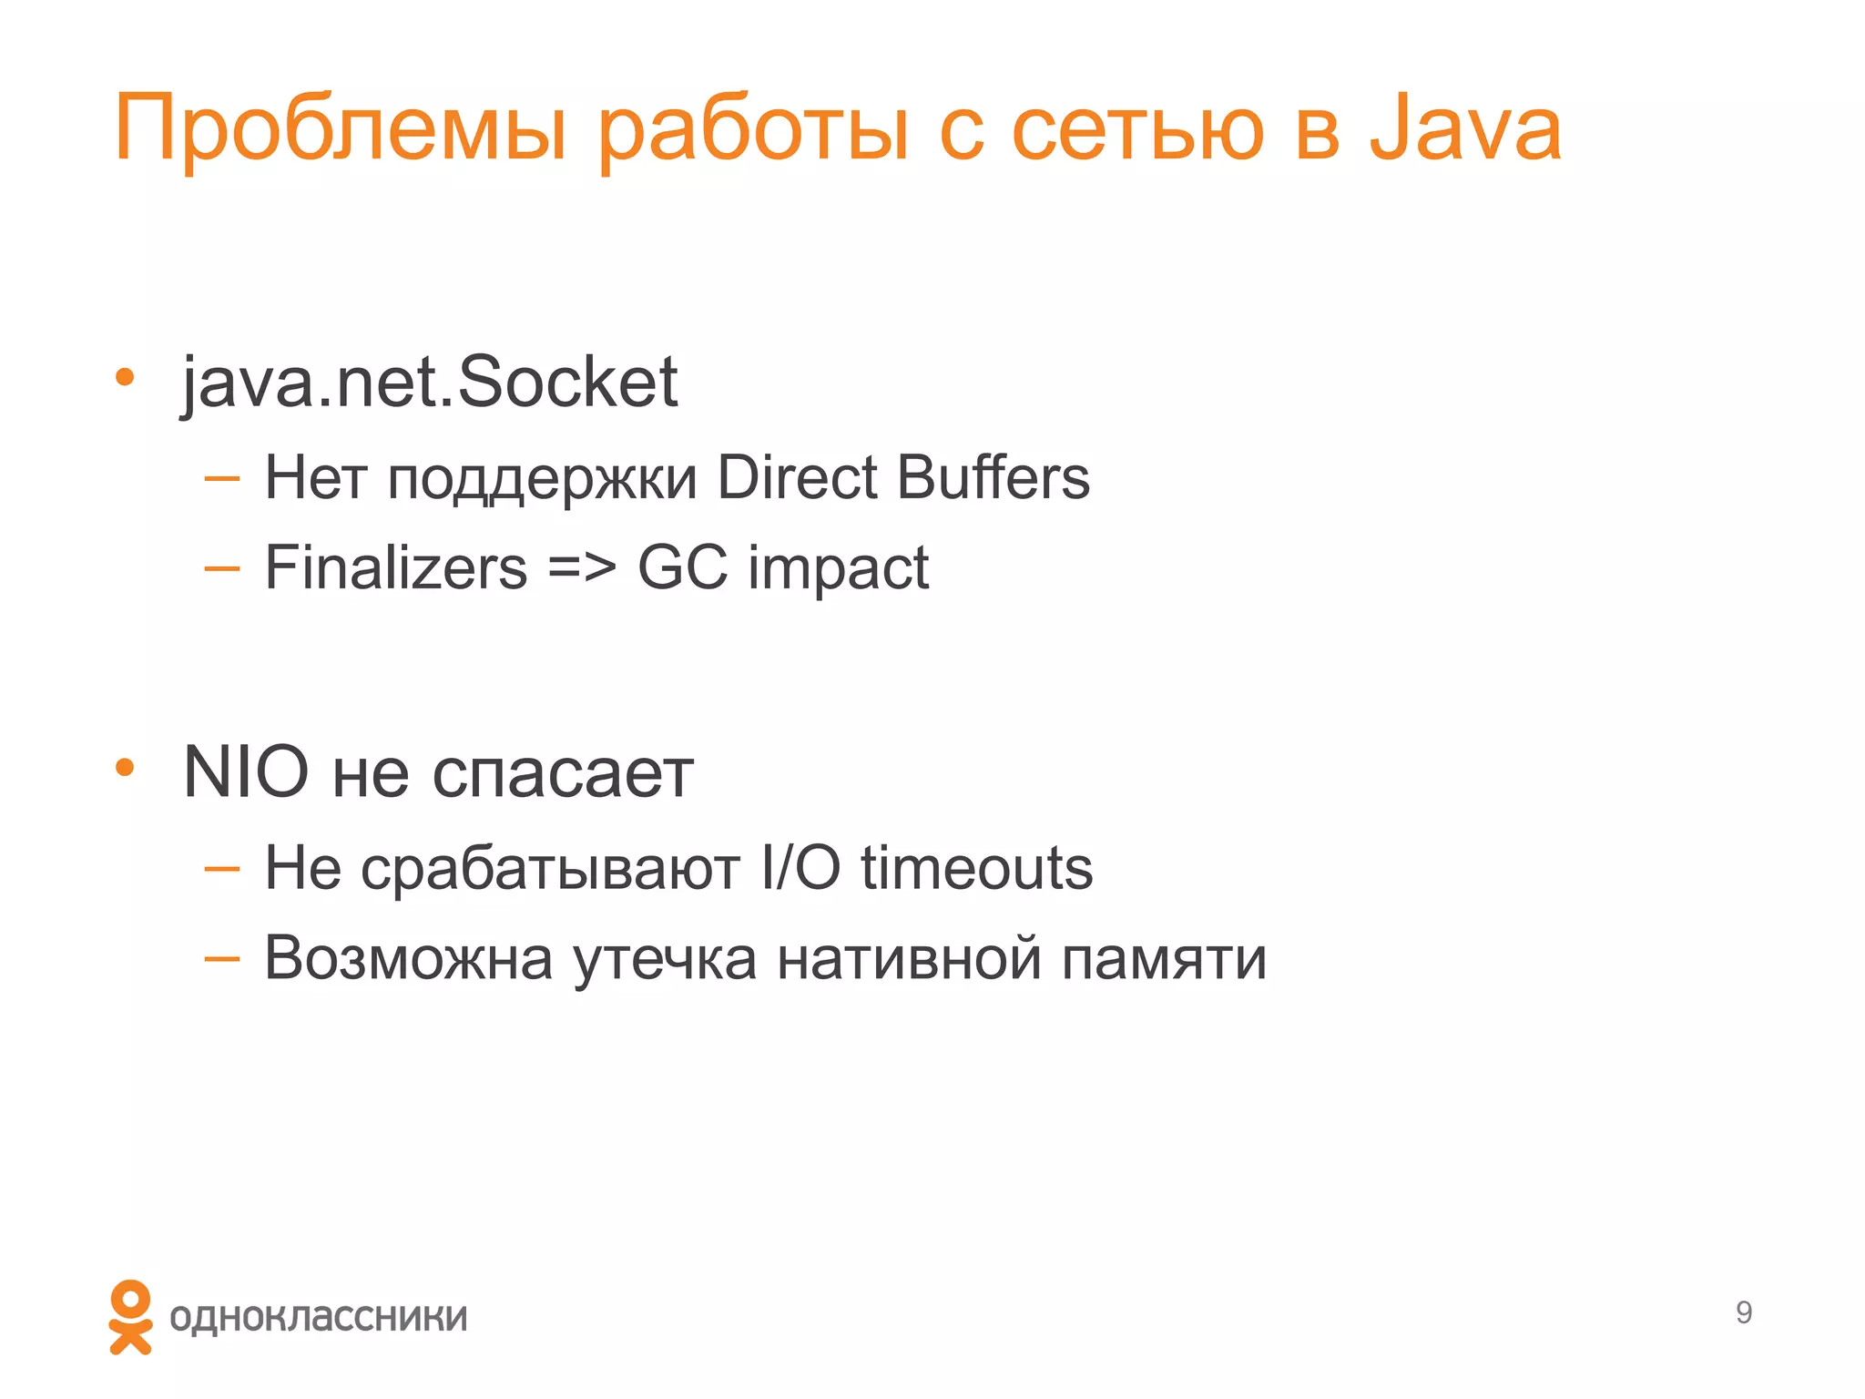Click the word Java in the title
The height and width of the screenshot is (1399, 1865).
click(1465, 129)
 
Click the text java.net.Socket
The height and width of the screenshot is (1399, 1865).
click(430, 383)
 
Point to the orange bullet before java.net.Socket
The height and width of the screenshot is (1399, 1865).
click(125, 376)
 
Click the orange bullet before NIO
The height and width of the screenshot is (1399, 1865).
click(125, 768)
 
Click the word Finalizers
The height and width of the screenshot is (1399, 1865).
click(396, 567)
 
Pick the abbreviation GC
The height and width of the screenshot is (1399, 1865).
click(682, 567)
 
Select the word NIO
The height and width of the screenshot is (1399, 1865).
click(246, 772)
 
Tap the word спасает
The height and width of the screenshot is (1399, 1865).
click(562, 774)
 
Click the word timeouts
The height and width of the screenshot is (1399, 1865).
click(976, 868)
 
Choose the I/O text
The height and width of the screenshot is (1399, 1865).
click(800, 868)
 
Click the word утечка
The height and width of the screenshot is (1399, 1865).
click(665, 959)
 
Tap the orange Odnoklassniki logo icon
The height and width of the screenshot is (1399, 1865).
click(130, 1316)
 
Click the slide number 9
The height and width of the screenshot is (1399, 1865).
click(1743, 1312)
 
